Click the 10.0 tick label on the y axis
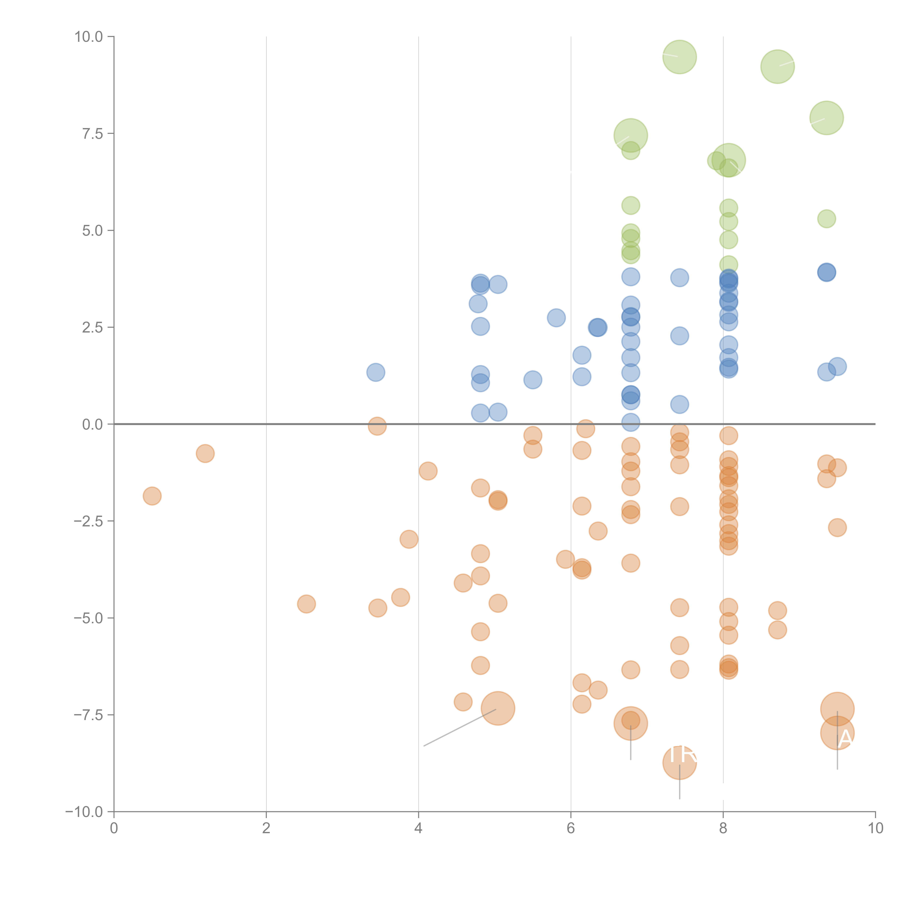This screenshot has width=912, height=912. (x=89, y=37)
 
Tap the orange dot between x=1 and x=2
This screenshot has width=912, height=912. (x=205, y=454)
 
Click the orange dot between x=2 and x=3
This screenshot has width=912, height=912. (x=306, y=604)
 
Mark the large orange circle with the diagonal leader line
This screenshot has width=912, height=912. (x=498, y=708)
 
